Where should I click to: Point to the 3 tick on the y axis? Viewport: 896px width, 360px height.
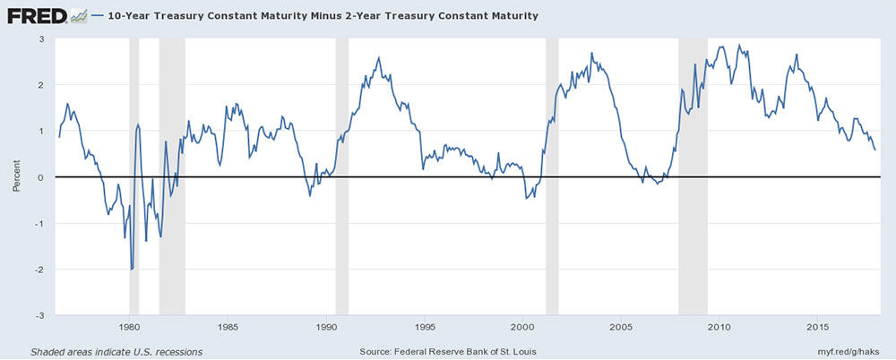pyautogui.click(x=41, y=39)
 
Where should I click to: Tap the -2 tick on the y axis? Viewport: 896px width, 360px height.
pyautogui.click(x=39, y=270)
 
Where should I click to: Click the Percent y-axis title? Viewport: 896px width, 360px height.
pyautogui.click(x=16, y=177)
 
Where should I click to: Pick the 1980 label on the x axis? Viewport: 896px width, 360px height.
pyautogui.click(x=130, y=327)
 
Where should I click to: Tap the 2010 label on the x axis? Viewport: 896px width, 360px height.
pyautogui.click(x=719, y=327)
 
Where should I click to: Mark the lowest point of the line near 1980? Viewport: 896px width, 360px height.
pyautogui.click(x=132, y=269)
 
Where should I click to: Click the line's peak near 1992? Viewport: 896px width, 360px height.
pyautogui.click(x=379, y=58)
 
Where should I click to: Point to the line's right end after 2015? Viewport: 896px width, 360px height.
pyautogui.click(x=874, y=150)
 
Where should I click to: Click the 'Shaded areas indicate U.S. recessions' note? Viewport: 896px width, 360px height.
pyautogui.click(x=116, y=350)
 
